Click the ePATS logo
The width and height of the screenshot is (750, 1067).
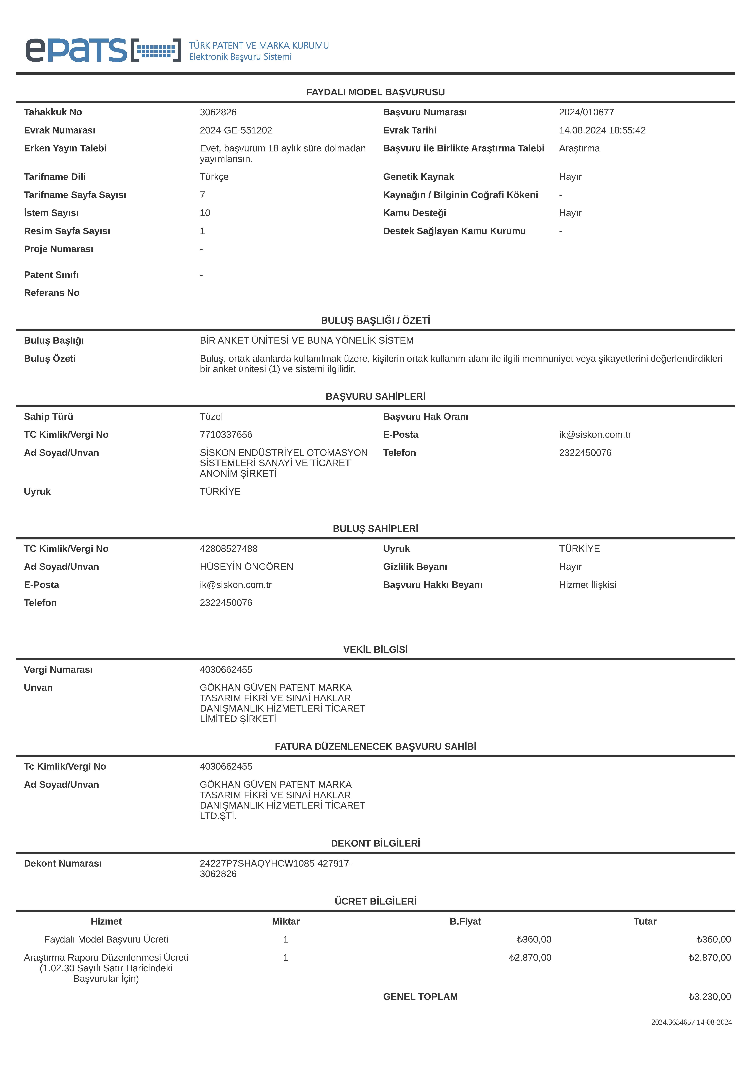(x=102, y=50)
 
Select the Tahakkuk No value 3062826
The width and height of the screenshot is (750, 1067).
(x=218, y=112)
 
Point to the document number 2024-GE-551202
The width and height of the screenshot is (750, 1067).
(x=236, y=130)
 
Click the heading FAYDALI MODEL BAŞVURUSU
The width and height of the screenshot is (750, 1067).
(x=375, y=92)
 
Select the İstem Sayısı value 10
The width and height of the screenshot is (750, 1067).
(x=205, y=213)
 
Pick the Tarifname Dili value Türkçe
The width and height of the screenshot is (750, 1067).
(x=214, y=177)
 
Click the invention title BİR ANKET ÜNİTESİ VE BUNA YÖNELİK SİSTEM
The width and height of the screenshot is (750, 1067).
(x=306, y=340)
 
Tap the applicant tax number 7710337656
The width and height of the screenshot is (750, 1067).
(x=226, y=434)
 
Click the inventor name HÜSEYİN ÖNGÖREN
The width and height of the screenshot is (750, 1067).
(x=246, y=567)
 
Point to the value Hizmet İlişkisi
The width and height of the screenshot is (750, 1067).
(x=587, y=585)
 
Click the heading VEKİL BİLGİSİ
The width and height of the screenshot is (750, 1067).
(x=375, y=649)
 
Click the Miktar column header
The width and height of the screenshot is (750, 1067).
(x=286, y=921)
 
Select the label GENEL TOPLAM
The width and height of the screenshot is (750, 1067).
(x=420, y=996)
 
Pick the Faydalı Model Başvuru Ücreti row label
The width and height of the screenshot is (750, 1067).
(x=106, y=939)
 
